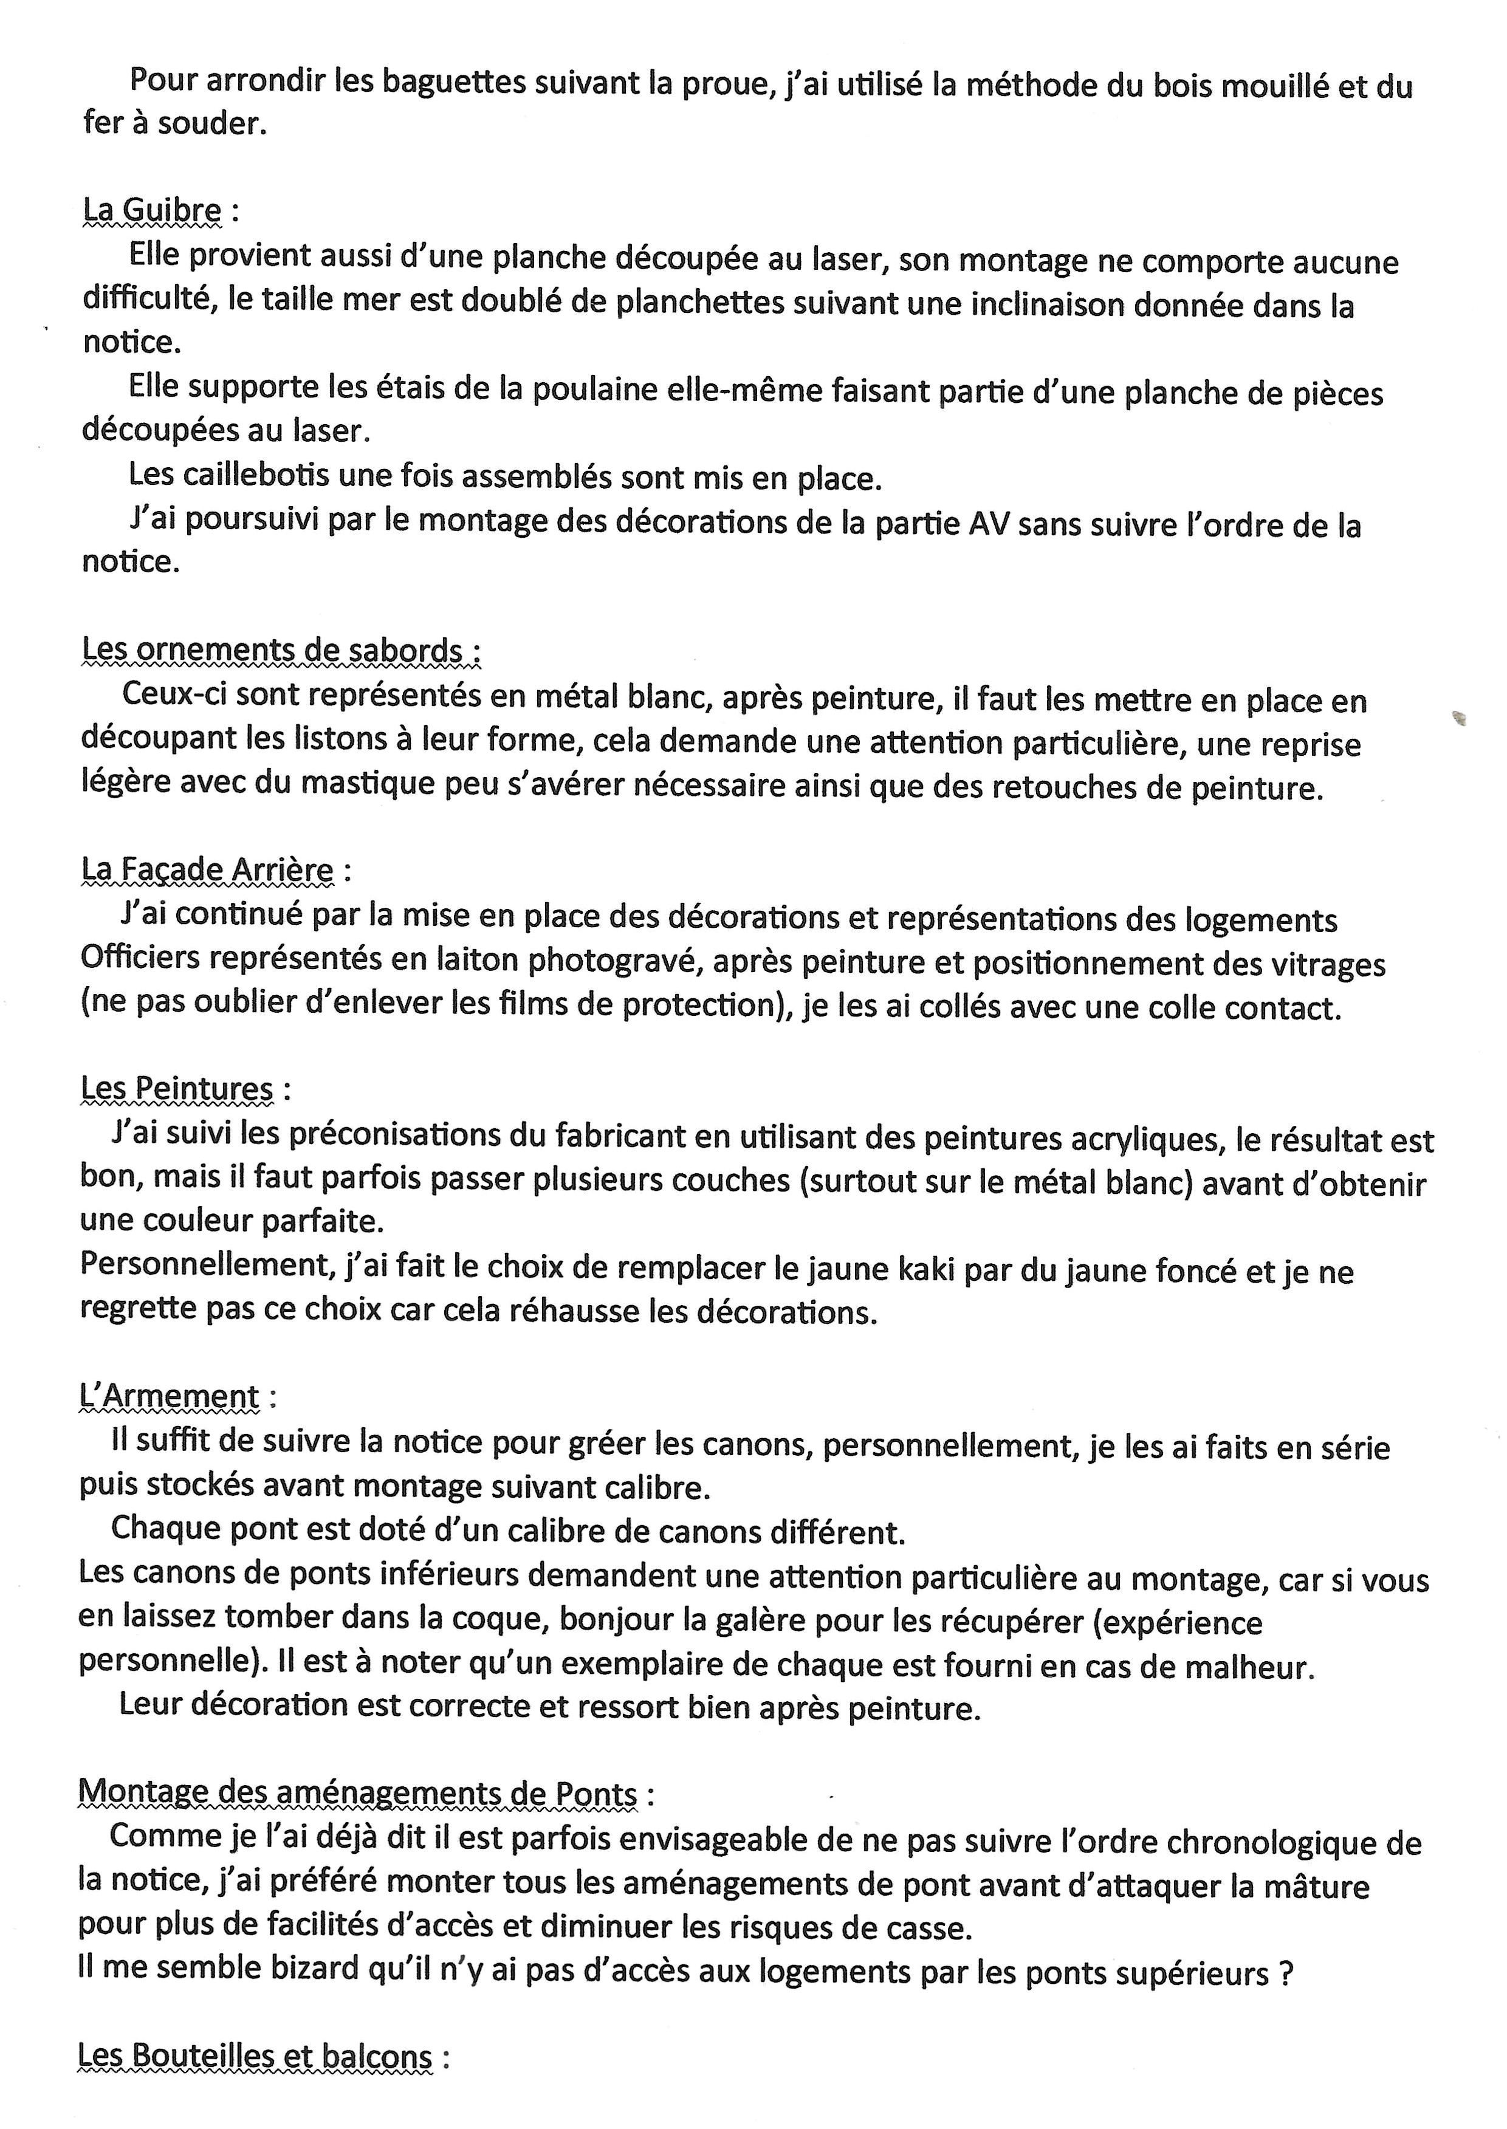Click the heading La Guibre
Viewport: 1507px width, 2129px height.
[x=153, y=211]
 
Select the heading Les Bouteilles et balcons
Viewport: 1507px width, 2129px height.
[x=255, y=2057]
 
